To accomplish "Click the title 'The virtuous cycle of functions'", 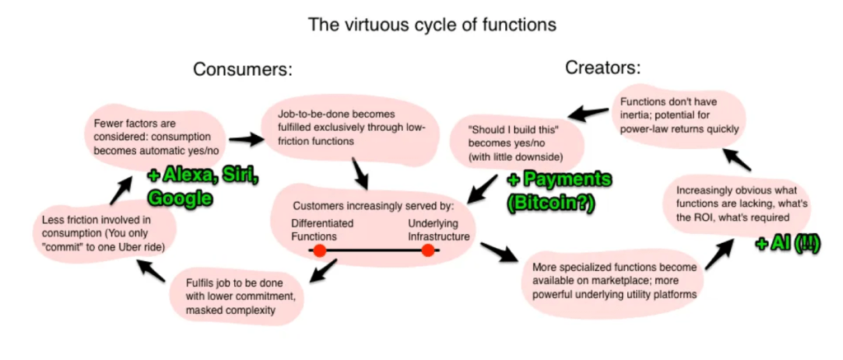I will (x=432, y=25).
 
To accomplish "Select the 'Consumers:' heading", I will (x=242, y=69).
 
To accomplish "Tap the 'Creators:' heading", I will (x=602, y=68).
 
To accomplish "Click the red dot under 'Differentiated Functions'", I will (x=320, y=250).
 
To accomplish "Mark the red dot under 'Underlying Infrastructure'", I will (x=428, y=250).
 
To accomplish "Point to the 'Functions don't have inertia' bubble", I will (x=677, y=115).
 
